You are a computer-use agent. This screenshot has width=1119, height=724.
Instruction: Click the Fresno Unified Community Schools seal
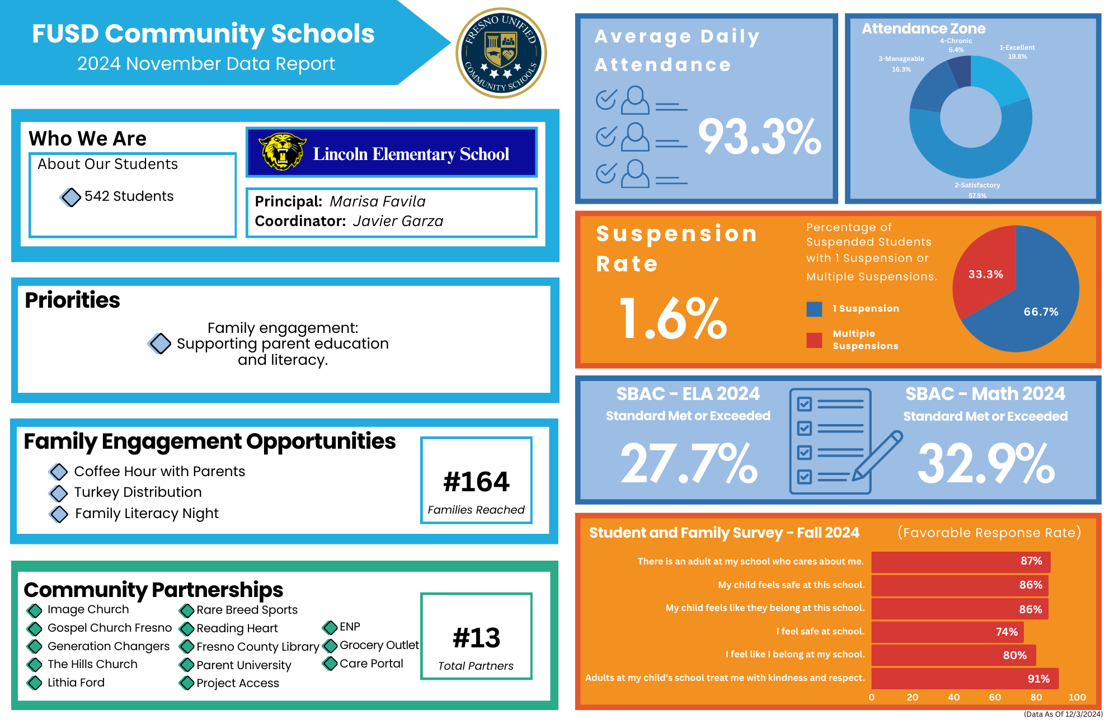tap(501, 53)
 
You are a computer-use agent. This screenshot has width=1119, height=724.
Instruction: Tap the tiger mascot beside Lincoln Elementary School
tap(282, 152)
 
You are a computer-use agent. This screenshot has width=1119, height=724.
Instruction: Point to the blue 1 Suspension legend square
tap(814, 309)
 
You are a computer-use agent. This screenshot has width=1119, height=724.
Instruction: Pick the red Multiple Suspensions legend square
tap(814, 340)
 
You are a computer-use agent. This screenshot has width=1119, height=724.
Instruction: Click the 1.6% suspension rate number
tap(673, 319)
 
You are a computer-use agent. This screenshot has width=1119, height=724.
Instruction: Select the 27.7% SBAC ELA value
tap(689, 463)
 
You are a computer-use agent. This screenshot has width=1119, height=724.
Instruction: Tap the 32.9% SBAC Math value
tap(986, 463)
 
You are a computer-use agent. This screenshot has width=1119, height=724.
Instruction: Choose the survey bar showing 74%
tap(947, 632)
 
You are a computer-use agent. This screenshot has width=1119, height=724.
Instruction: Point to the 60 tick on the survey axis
tap(995, 697)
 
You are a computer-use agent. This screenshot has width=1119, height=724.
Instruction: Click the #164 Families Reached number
tap(476, 482)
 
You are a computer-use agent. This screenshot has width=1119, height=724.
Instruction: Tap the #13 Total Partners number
tap(476, 638)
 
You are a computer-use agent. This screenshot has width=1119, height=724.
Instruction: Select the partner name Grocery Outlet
tap(379, 645)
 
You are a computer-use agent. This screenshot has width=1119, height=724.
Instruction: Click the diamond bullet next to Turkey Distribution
tap(59, 493)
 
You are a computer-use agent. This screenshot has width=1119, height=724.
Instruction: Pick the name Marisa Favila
tap(378, 201)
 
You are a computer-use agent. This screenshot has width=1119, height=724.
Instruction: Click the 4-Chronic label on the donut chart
tap(956, 41)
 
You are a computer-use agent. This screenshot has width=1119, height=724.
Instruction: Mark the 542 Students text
tap(129, 196)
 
